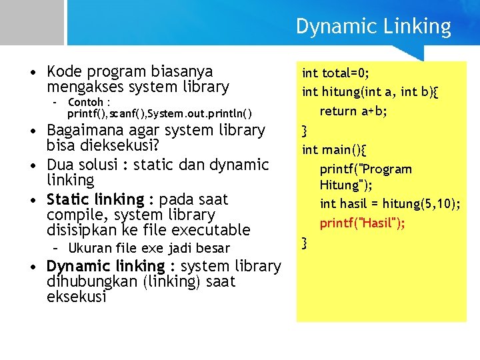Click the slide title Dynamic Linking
pos(373,27)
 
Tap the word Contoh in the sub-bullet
pos(85,102)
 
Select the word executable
pos(211,231)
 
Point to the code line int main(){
pos(329,149)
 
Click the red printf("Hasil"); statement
pos(363,223)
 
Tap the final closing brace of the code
pos(305,243)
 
